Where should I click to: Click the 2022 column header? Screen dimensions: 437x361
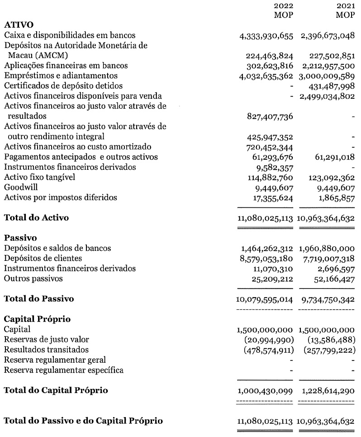tap(283, 6)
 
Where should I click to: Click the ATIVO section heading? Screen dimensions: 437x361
tap(19, 24)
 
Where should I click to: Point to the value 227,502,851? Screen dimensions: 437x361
tap(328, 56)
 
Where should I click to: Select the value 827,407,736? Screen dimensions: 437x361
tap(267, 116)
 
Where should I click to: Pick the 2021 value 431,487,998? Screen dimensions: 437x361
tap(328, 86)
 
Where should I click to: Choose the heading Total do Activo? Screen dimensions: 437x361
tap(36, 218)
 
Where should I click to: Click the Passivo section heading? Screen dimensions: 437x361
tap(20, 238)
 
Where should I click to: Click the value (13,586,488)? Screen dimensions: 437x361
tap(328, 340)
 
